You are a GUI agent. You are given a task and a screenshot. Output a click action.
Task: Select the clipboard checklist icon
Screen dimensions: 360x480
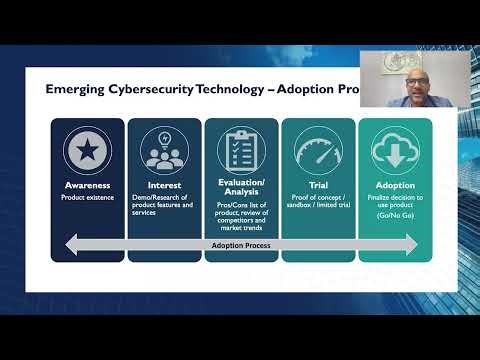coord(240,149)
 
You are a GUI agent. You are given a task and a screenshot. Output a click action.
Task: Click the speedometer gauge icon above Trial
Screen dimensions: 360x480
coord(317,149)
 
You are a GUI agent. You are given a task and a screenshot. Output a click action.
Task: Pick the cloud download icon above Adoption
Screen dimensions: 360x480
coord(395,149)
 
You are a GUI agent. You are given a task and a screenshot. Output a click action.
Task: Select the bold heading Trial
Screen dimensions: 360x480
coord(317,185)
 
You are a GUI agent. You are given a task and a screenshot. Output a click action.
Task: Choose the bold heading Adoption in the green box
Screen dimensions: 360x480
coord(395,185)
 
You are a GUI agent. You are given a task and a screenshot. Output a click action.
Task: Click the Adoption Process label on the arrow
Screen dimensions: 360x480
coord(240,244)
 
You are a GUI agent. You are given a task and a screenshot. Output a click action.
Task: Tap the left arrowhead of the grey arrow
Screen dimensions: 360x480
coord(71,244)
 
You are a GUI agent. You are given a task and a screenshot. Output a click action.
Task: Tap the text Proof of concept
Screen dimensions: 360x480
coord(317,197)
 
